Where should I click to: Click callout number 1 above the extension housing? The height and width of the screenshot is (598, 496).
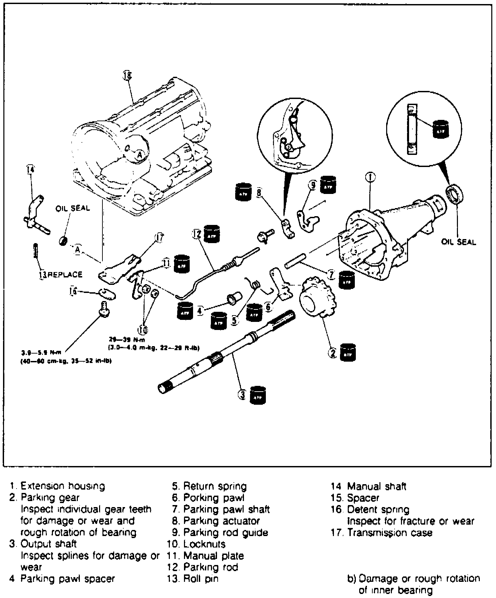(370, 177)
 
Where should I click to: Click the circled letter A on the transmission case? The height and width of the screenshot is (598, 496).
(140, 155)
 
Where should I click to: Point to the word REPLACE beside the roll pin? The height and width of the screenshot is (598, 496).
(65, 274)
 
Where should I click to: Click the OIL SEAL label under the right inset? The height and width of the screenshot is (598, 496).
(459, 242)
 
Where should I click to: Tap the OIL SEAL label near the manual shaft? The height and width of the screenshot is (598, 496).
(73, 208)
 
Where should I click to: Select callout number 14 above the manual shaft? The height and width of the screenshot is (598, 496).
(30, 170)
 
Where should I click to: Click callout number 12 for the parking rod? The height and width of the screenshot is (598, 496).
(197, 233)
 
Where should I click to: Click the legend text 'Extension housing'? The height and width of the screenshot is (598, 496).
(63, 486)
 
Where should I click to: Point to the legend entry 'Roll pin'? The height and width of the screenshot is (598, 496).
(200, 578)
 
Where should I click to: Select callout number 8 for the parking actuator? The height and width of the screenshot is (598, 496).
(259, 192)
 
